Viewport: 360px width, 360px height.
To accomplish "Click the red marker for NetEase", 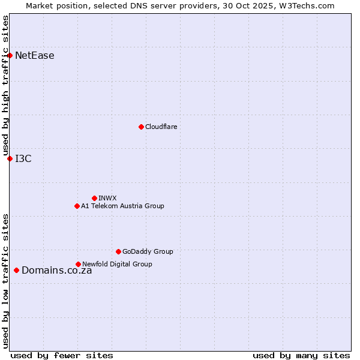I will (x=10, y=56).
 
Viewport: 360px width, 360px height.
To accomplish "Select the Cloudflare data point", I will (x=141, y=127).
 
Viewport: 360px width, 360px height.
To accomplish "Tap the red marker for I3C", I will (x=10, y=158).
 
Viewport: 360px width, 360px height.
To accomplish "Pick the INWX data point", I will (x=94, y=198).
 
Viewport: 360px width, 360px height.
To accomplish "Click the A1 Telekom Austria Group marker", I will (x=77, y=206).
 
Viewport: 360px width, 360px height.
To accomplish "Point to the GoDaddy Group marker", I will (x=118, y=251).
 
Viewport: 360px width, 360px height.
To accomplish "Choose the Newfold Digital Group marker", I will (x=78, y=264).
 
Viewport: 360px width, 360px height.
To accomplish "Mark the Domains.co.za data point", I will (x=16, y=270).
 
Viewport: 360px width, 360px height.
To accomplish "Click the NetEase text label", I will (x=35, y=56).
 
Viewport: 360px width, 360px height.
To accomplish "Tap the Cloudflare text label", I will (x=161, y=127).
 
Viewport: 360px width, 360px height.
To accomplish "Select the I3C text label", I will (x=23, y=158).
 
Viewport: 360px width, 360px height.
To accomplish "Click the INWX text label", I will (x=107, y=198).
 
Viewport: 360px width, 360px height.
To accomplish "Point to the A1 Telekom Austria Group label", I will (x=122, y=206).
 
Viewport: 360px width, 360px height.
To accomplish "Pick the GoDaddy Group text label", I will (x=148, y=251).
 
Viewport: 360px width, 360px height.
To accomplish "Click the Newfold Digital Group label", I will (x=117, y=264).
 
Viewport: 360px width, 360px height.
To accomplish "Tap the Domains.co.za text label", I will (x=57, y=270).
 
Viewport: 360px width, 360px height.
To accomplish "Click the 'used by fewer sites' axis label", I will (x=62, y=355).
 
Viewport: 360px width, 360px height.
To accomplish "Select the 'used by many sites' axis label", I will (x=301, y=355).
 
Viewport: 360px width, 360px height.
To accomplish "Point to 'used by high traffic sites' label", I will (x=5, y=86).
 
